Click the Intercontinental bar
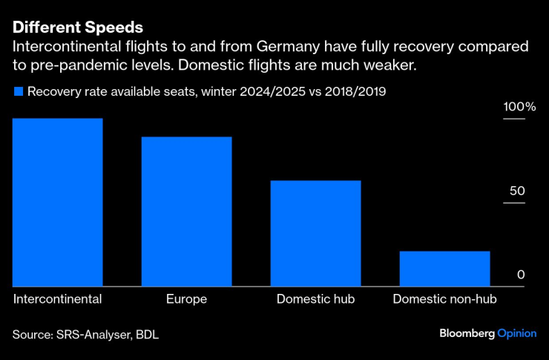click(57, 202)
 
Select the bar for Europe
click(186, 211)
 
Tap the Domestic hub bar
click(315, 233)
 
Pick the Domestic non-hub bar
click(444, 268)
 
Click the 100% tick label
click(519, 107)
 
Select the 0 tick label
click(521, 275)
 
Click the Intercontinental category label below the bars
click(57, 299)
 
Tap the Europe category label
click(186, 299)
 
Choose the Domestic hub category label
click(315, 299)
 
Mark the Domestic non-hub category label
click(444, 299)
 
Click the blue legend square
click(17, 92)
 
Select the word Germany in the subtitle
click(289, 47)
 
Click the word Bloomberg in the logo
click(467, 334)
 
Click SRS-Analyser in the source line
click(92, 335)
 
